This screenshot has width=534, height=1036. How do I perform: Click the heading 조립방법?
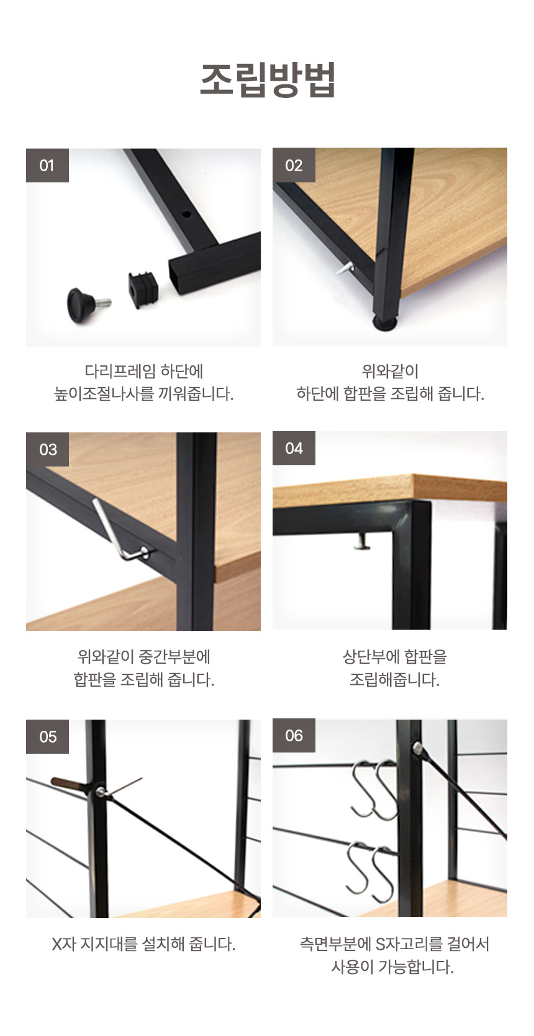(267, 79)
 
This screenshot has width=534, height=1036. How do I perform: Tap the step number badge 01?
(47, 165)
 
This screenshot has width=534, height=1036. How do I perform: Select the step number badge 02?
(294, 165)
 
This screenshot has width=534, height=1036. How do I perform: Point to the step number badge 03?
(47, 450)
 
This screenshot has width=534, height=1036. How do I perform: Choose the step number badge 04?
(294, 448)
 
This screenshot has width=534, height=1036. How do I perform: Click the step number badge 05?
(47, 736)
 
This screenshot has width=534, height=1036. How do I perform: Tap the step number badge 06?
(294, 735)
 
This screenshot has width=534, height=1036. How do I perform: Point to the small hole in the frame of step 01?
(186, 214)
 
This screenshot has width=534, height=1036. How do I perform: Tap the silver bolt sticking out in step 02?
(345, 268)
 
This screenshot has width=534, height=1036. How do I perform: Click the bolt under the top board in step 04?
(362, 541)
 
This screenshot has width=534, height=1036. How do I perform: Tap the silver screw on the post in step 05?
(100, 792)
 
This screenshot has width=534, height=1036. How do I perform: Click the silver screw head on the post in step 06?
(417, 746)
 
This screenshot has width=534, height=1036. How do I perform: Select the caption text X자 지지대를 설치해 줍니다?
(143, 944)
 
